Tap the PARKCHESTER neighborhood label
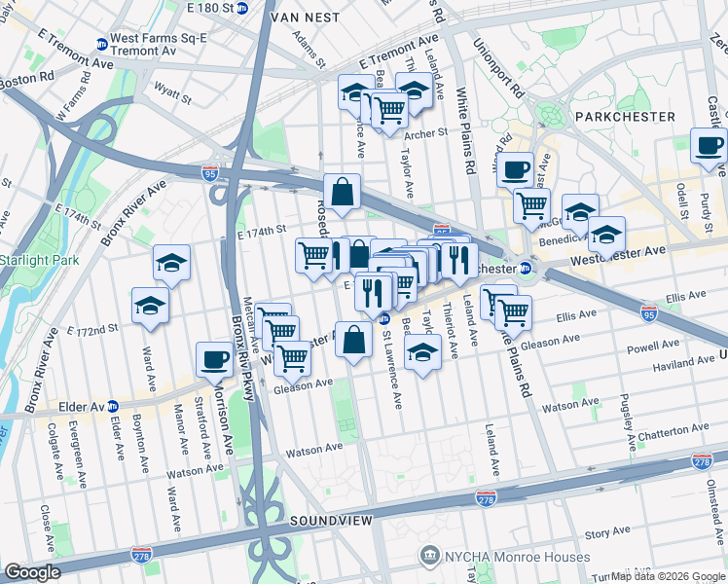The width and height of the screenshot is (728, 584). point(625,116)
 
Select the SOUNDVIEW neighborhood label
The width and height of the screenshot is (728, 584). point(331,523)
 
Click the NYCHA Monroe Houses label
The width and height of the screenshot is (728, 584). point(504,557)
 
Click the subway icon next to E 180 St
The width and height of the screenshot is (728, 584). point(242,8)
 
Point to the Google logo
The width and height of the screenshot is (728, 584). point(32,572)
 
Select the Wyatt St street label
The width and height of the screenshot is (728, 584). point(171,95)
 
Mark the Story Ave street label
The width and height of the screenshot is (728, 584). point(607,533)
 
